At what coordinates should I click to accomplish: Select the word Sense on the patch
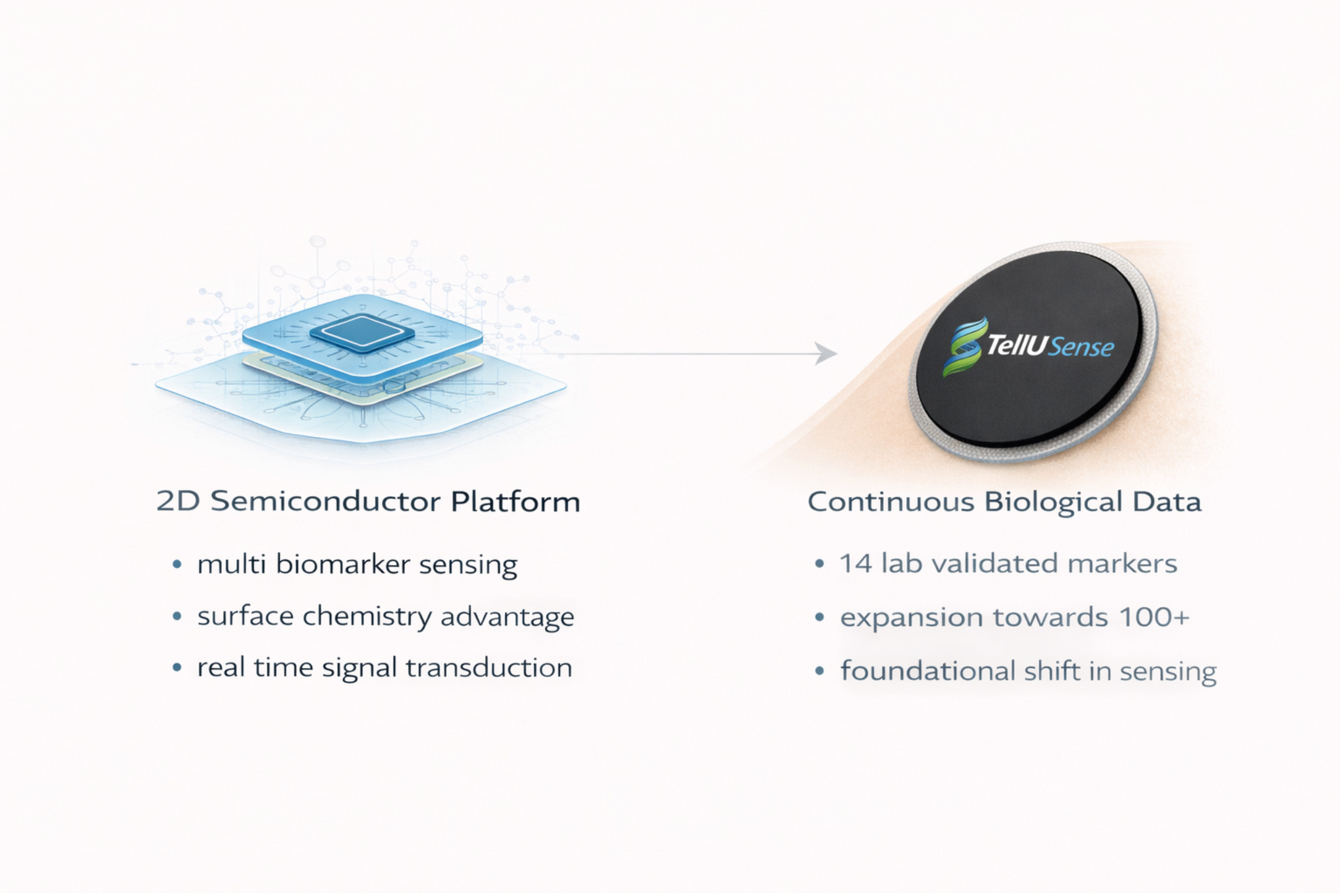click(1081, 347)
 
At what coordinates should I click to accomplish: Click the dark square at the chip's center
click(362, 332)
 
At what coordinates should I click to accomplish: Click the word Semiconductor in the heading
click(325, 502)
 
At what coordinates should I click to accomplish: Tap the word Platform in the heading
click(516, 502)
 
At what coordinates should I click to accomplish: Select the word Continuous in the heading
click(890, 502)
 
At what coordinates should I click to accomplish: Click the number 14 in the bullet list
click(856, 563)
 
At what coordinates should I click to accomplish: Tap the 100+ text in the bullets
click(1154, 617)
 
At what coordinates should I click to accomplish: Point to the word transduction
click(489, 668)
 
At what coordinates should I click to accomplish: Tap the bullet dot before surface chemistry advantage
click(177, 616)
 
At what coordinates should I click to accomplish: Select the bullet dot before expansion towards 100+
click(819, 617)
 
